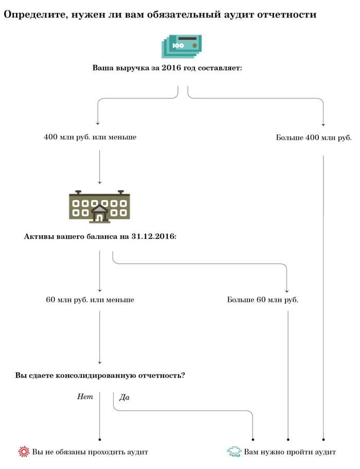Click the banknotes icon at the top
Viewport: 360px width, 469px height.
182,46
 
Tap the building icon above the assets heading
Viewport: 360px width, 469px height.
99,206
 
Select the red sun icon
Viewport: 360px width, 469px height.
24,451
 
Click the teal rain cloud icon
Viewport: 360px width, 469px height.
234,451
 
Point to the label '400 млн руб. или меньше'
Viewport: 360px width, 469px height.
90,137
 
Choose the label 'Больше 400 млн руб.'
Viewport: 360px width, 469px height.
314,137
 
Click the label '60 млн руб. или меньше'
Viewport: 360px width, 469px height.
90,300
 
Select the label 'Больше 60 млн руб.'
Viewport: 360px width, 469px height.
263,300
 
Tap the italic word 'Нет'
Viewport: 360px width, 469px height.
85,396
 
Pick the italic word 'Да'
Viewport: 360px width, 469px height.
124,397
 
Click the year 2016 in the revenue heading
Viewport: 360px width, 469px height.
171,67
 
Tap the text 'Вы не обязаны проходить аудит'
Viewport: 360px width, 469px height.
90,451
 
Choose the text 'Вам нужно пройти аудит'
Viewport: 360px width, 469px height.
290,451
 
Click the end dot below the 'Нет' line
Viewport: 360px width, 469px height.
99,439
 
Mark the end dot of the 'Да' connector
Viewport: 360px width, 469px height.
253,439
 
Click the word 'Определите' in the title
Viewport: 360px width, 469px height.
35,14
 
